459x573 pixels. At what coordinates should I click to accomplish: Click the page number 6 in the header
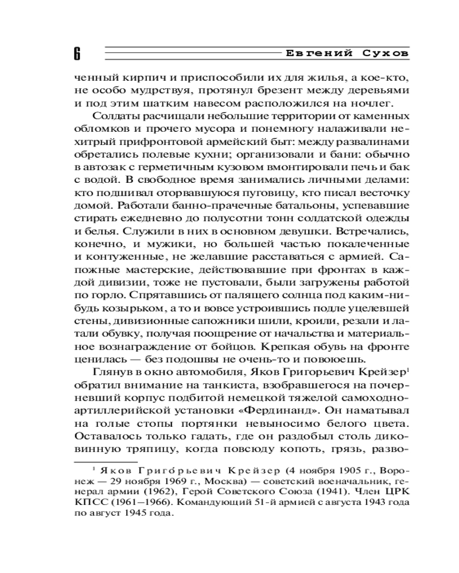click(77, 54)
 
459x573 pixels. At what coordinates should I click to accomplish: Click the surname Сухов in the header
click(386, 53)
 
